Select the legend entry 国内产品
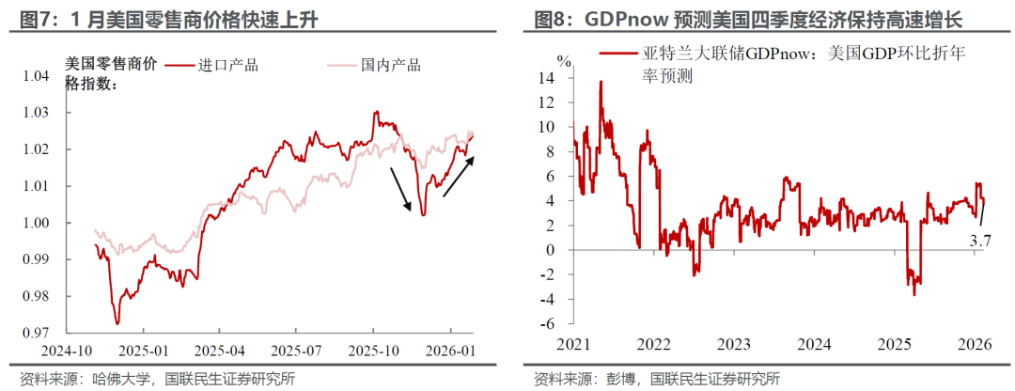point(390,65)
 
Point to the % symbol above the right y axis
point(563,60)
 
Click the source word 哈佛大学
point(124,379)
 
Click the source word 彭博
point(621,379)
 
